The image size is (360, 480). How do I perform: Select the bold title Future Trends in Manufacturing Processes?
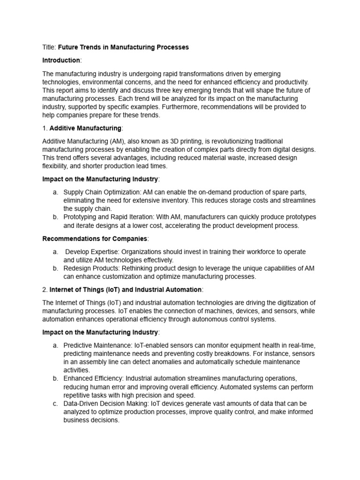123,47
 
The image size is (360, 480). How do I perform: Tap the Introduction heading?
61,60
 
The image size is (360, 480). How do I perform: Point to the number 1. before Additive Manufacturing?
45,128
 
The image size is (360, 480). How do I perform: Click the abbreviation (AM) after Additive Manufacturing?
121,141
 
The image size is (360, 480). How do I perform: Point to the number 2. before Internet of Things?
45,290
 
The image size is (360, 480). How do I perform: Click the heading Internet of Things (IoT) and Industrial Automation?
125,290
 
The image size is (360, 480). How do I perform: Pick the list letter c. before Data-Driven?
55,404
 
